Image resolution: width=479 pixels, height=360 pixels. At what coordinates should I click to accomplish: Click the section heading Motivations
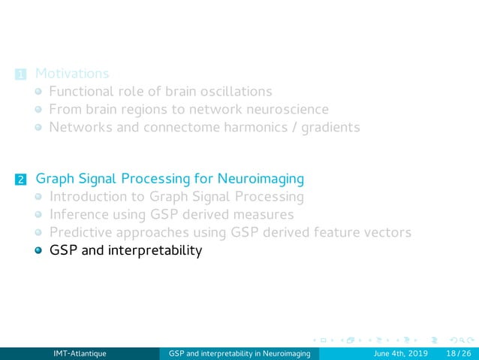[x=72, y=74]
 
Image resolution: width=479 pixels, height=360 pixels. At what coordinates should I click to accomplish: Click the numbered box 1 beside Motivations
[x=20, y=74]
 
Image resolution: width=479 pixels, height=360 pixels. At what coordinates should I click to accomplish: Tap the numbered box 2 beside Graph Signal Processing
[x=20, y=180]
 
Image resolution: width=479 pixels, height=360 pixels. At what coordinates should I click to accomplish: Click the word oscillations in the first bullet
[x=234, y=92]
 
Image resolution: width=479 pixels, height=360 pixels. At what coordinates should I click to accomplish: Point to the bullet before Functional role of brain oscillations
[x=38, y=92]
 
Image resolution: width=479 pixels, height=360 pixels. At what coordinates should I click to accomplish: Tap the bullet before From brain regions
[x=38, y=110]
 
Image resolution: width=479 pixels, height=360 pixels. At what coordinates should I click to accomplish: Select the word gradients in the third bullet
[x=330, y=127]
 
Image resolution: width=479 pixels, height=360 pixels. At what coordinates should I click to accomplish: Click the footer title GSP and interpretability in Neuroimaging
[x=239, y=352]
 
